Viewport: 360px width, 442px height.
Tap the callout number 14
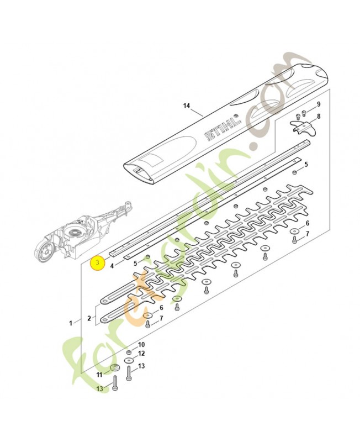186,104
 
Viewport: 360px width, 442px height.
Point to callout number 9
318,104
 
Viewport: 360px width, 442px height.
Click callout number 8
318,116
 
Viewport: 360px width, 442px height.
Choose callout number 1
70,322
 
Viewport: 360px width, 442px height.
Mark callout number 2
89,318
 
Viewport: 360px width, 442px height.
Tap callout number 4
113,265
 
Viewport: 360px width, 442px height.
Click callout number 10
141,344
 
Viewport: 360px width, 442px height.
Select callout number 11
100,375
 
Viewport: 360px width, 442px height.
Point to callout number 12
141,353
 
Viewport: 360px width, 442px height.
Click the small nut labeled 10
129,352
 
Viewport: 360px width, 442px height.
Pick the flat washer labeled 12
129,360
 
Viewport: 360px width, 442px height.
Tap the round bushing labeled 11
115,369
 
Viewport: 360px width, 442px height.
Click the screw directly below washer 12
129,376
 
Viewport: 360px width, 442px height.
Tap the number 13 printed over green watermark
99,389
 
